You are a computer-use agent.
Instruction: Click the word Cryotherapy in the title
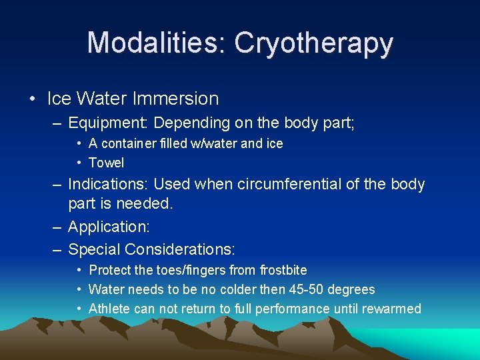[313, 43]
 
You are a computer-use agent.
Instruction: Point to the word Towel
[106, 163]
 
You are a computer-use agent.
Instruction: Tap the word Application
[109, 227]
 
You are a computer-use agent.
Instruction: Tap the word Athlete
[109, 309]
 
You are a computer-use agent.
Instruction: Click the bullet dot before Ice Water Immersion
[33, 99]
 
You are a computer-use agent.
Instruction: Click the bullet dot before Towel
[79, 163]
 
